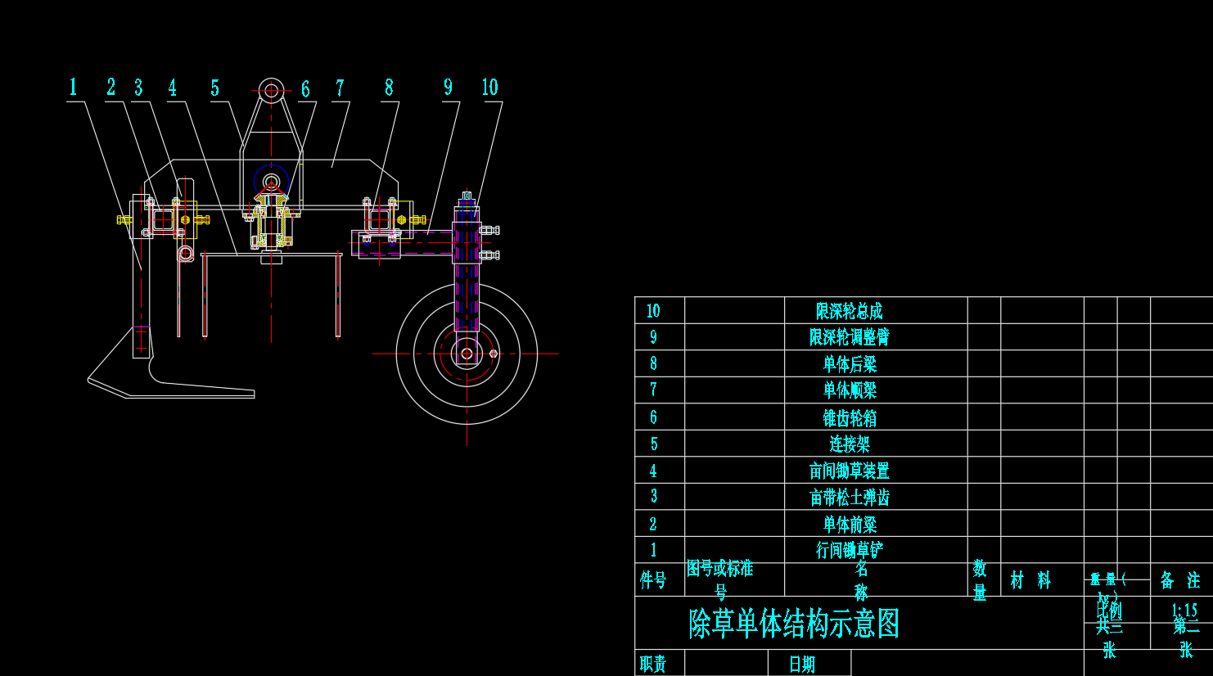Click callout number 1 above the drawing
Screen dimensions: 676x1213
(73, 88)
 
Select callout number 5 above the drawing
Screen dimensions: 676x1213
(214, 88)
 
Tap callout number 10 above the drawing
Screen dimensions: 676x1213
(489, 88)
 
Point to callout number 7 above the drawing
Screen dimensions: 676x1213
(340, 88)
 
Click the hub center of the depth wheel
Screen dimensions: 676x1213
(467, 354)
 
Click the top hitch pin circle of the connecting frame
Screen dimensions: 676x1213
(271, 90)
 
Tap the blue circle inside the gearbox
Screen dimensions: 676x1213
(271, 181)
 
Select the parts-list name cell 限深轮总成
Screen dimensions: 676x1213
(850, 311)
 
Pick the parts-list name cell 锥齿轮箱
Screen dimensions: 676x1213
(850, 418)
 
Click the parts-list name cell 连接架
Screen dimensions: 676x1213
(850, 444)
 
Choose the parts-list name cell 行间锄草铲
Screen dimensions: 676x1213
(850, 550)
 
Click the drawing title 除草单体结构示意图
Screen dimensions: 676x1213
(794, 624)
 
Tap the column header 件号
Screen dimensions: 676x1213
(653, 580)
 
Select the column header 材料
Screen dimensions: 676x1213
(1030, 580)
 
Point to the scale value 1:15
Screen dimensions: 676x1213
(1184, 610)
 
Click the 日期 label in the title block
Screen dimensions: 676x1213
(802, 664)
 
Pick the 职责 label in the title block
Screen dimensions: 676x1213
(653, 664)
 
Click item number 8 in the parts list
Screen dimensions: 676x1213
(653, 363)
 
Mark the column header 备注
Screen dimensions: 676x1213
(1180, 580)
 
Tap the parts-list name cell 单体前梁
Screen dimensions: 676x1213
(850, 524)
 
